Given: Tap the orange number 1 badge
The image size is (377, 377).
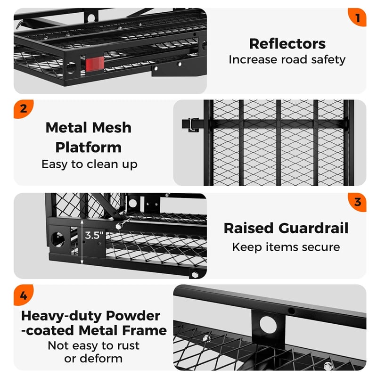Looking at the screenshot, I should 358,18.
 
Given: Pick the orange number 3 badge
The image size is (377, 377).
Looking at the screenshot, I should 357,202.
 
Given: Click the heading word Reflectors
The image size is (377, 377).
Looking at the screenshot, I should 287,43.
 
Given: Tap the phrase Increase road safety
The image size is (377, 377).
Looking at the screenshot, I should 287,60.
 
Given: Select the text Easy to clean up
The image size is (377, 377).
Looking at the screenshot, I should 89,164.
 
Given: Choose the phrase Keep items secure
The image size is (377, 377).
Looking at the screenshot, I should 286,247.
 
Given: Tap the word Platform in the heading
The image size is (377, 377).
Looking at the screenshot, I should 89,147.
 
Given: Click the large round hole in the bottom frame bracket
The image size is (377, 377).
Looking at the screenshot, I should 268,325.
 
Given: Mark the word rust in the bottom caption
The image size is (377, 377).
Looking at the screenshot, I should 126,345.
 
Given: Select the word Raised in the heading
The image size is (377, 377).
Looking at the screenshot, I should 248,228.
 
